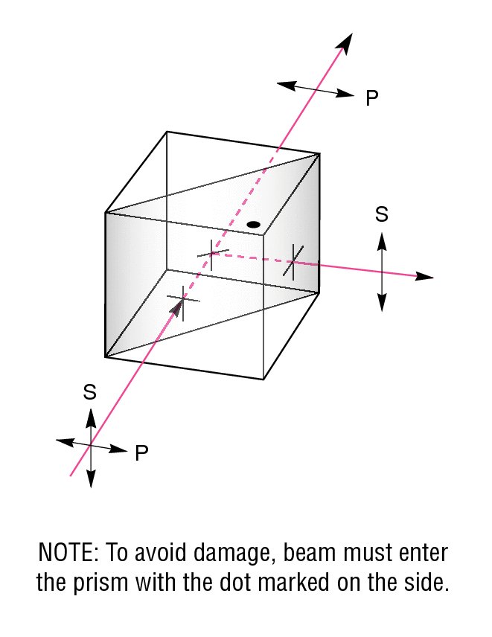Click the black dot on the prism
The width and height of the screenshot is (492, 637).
coord(254,224)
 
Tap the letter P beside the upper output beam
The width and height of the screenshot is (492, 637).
coord(371,98)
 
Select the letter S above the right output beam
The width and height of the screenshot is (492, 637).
coord(382,214)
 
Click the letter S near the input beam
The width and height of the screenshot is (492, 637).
coord(90,392)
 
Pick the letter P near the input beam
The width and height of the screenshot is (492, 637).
coord(141,453)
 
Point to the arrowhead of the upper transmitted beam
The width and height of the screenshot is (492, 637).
coord(345,43)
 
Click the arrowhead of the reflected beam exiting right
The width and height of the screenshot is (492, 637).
coord(424,277)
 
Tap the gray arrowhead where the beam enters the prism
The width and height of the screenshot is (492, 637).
coord(177,307)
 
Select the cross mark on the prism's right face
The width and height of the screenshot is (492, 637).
coord(293,262)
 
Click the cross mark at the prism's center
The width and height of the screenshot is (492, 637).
coord(212,254)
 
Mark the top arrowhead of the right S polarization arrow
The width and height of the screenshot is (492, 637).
coord(382,241)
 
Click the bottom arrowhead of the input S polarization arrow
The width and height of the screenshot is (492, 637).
coord(91,478)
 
